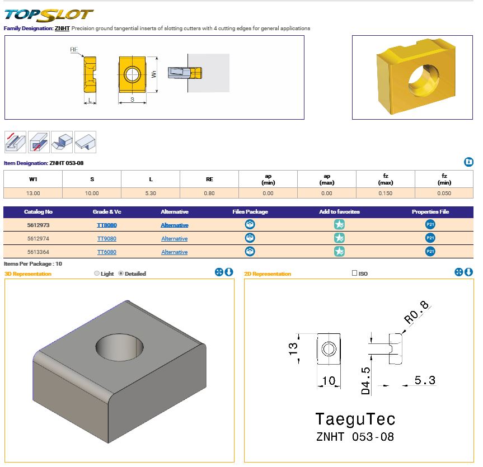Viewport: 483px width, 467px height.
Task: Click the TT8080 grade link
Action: (x=106, y=225)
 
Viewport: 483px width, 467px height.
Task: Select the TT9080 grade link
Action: (x=106, y=239)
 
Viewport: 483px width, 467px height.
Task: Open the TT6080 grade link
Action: (x=106, y=252)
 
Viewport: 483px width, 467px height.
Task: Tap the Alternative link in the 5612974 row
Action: (x=175, y=239)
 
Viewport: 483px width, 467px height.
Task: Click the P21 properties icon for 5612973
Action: (x=430, y=225)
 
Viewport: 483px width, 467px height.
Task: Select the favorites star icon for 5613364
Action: (x=339, y=252)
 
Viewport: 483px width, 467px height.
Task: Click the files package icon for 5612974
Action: (x=250, y=238)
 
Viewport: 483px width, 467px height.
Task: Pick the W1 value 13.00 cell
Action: (x=33, y=193)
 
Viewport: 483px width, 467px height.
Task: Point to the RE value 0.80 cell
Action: (x=209, y=193)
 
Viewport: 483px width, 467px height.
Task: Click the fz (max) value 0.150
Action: (x=385, y=193)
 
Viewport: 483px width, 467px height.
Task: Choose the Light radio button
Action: (x=97, y=273)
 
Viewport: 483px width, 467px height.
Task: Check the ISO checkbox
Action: (x=354, y=273)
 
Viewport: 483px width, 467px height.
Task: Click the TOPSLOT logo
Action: (x=49, y=14)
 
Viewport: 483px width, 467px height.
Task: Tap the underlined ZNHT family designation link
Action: (x=62, y=28)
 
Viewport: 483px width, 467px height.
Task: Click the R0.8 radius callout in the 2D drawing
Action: (x=416, y=313)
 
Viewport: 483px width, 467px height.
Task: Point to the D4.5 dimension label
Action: (x=365, y=381)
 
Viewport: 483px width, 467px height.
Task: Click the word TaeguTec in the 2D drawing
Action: (x=355, y=419)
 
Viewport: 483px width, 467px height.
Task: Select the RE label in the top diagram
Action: (x=73, y=50)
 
